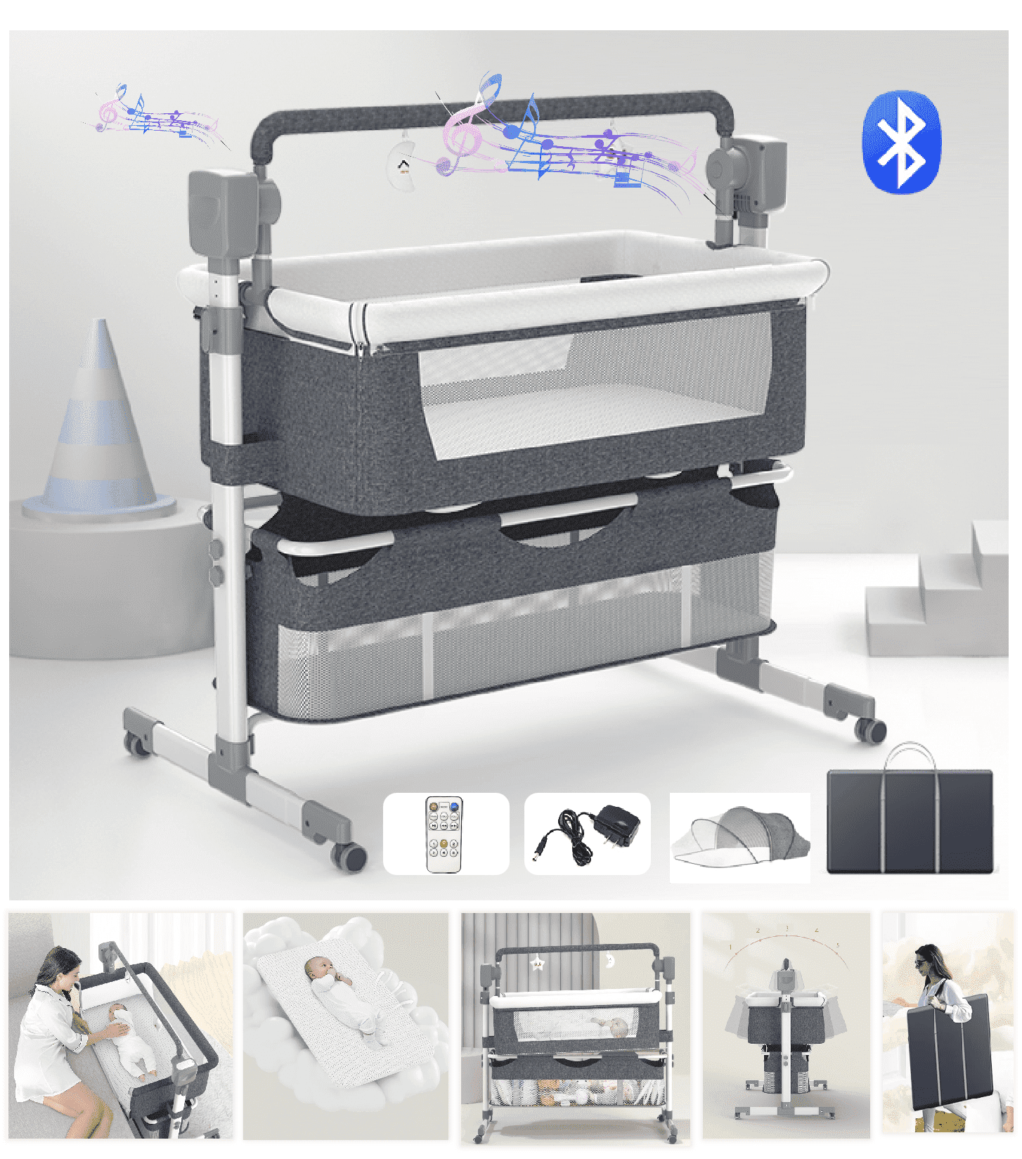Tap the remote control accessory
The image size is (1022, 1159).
click(x=444, y=834)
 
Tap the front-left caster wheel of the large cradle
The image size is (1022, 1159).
click(x=349, y=857)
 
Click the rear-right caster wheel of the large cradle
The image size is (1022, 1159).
click(x=872, y=732)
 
